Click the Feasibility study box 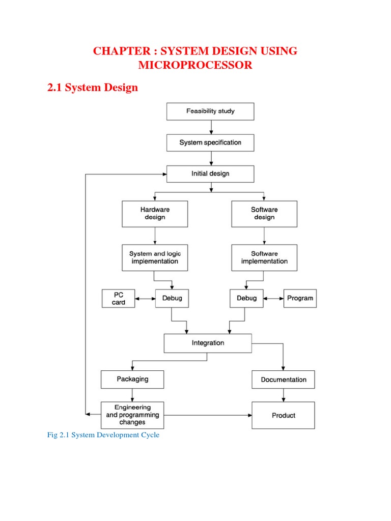click(210, 111)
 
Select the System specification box click(210, 142)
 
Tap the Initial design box click(210, 173)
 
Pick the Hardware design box click(155, 214)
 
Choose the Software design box click(264, 214)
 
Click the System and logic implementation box click(155, 257)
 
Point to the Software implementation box click(264, 257)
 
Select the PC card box click(118, 298)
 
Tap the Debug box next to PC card click(172, 298)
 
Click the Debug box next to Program click(247, 298)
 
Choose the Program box click(300, 298)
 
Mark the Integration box click(208, 343)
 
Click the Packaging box click(132, 379)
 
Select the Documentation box click(284, 380)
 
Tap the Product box click(284, 415)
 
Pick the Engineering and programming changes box click(132, 415)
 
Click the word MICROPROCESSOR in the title click(195, 66)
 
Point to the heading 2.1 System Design click(92, 88)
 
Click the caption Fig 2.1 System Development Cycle click(103, 435)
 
